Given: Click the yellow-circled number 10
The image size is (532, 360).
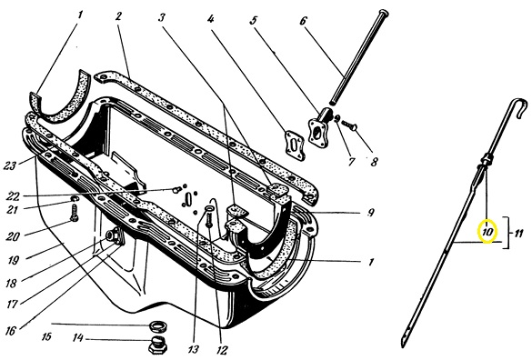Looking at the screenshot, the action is tap(487, 233).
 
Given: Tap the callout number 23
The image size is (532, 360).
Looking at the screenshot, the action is tap(10, 166).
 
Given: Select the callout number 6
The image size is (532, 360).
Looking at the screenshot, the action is tap(303, 21).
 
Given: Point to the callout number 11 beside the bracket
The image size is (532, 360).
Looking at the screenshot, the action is tap(517, 234).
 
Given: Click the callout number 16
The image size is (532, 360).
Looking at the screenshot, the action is tap(11, 330).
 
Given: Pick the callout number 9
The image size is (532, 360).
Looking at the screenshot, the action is tap(371, 213).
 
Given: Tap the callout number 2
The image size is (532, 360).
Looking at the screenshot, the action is tap(117, 16).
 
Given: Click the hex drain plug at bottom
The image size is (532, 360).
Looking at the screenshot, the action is tap(157, 345).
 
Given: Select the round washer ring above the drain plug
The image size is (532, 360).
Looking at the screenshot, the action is tap(158, 326).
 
